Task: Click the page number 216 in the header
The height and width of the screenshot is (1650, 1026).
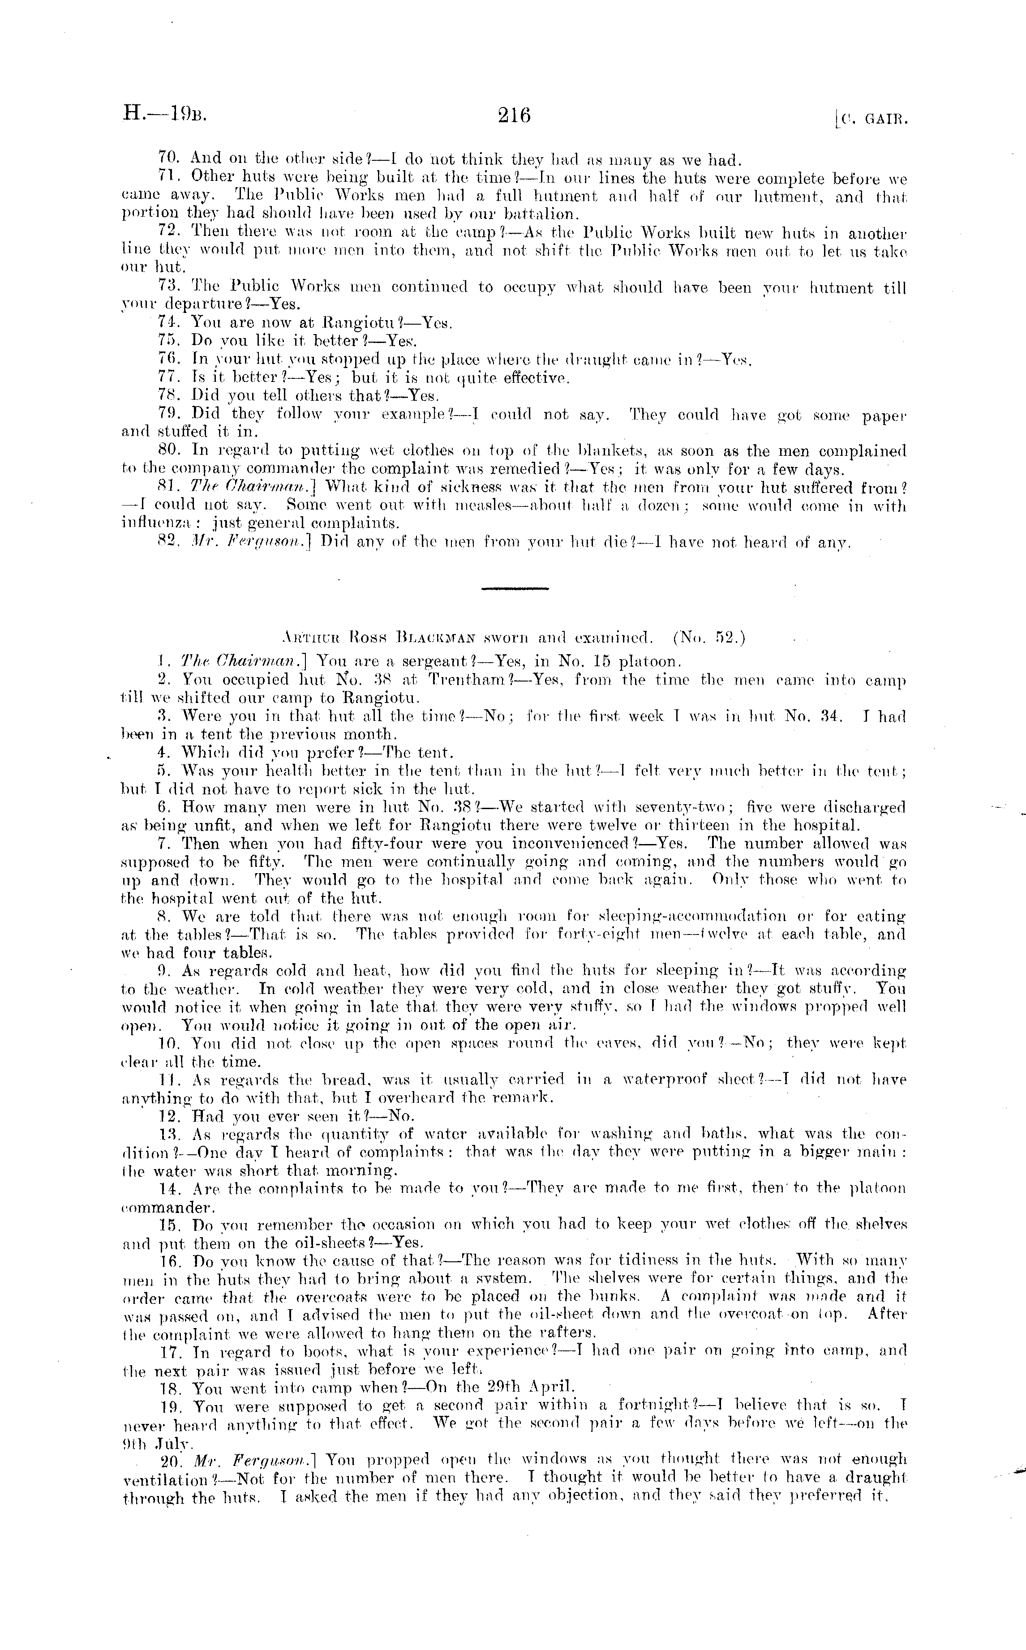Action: click(514, 116)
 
